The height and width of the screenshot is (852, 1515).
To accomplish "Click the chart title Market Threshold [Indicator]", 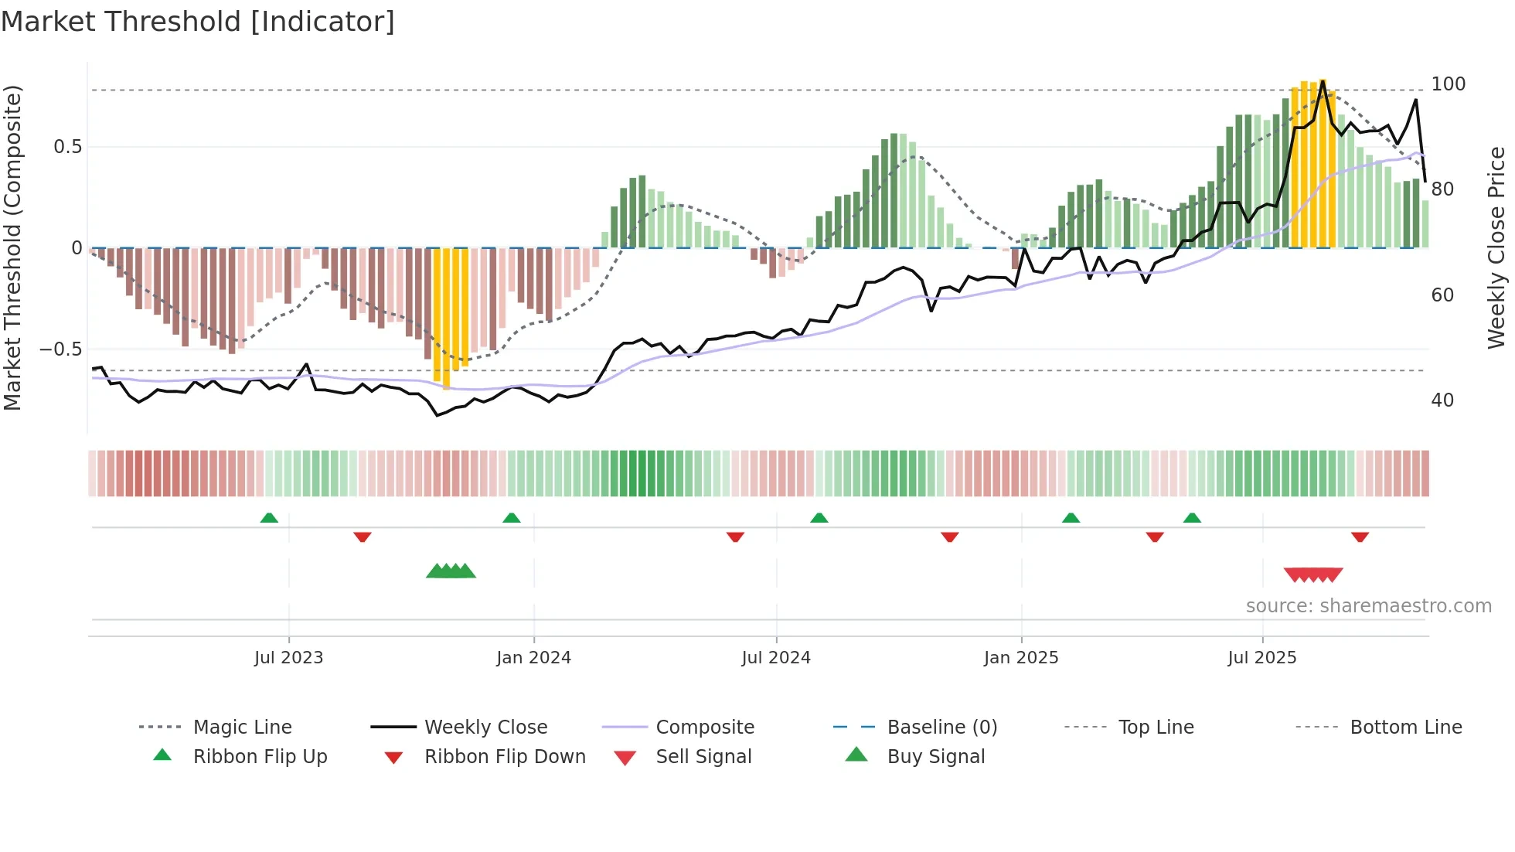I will tap(198, 22).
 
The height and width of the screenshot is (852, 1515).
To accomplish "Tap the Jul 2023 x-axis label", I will tap(288, 658).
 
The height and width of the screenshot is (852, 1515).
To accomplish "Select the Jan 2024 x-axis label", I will tap(533, 658).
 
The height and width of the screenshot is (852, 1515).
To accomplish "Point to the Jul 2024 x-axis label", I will tap(776, 658).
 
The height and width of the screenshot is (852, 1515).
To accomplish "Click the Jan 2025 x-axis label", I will tap(1021, 658).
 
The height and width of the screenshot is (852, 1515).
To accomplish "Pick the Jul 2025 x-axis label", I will tap(1262, 658).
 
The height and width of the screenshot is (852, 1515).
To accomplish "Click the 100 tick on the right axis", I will tap(1448, 83).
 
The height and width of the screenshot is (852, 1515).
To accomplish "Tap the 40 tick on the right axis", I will tap(1442, 400).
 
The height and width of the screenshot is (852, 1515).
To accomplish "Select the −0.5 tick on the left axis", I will tap(61, 349).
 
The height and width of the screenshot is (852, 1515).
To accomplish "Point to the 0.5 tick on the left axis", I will tap(67, 147).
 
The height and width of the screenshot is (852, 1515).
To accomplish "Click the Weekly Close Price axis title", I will tap(1496, 247).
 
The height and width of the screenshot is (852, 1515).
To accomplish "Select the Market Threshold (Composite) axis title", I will tap(12, 247).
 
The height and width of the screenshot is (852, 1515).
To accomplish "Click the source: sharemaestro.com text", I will tap(1368, 606).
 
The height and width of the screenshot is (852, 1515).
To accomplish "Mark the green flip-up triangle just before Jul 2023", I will tap(269, 518).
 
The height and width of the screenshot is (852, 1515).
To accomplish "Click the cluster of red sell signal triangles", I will tap(1313, 574).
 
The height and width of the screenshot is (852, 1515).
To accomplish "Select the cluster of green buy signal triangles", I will tap(451, 571).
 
